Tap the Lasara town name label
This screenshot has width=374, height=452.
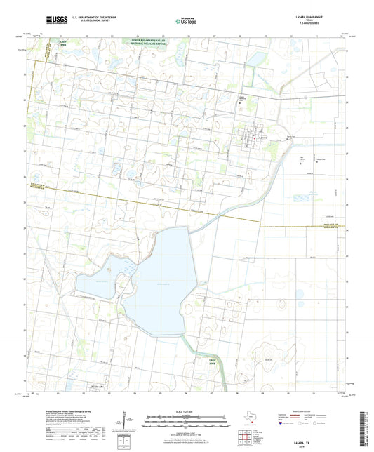(x=263, y=138)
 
